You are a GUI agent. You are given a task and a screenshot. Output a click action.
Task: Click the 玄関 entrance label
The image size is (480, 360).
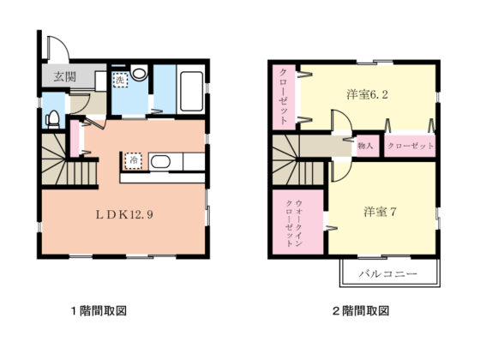[64, 77]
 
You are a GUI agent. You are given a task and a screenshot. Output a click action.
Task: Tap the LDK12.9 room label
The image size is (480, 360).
[124, 214]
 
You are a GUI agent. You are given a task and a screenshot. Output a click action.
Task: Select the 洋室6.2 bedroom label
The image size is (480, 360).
[367, 94]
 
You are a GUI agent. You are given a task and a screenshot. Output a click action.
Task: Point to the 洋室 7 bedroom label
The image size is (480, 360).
[380, 212]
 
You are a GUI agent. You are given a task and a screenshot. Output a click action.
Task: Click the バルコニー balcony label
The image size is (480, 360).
[387, 273]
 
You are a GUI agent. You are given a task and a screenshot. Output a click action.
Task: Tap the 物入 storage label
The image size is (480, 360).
[365, 146]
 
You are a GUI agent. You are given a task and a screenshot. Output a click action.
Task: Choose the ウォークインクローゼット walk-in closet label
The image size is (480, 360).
[294, 223]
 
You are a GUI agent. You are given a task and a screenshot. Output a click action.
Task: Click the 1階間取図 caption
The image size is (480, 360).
[99, 311]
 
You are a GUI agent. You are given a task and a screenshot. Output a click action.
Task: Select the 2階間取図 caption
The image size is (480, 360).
[361, 311]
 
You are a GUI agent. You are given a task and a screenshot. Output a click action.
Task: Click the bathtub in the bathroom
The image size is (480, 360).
[191, 91]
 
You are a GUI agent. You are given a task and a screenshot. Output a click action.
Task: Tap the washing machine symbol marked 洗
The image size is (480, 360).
[120, 81]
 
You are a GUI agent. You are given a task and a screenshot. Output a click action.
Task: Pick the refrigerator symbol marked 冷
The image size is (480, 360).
[134, 160]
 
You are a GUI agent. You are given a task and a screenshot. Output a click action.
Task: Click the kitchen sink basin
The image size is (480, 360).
[160, 162]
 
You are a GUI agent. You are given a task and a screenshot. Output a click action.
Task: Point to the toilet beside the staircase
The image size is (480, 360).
[53, 119]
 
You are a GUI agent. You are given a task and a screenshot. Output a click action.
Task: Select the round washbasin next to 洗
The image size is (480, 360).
[139, 72]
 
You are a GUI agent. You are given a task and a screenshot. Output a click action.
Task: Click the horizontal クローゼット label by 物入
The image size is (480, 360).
[411, 146]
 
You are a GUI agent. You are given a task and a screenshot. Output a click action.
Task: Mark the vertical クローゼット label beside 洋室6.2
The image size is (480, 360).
[284, 96]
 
